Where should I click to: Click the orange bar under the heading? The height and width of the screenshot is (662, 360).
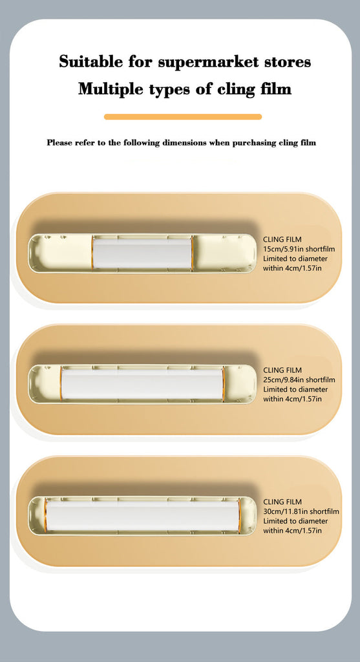pos(183,117)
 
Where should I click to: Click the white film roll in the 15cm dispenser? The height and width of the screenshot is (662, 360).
pos(142,253)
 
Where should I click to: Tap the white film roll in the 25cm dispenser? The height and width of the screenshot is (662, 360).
pos(142,385)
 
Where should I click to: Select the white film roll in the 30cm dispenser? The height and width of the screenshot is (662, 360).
pos(142,516)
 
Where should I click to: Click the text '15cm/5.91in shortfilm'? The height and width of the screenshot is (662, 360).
pos(299,249)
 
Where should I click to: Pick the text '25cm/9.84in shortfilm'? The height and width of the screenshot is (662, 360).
pos(299,380)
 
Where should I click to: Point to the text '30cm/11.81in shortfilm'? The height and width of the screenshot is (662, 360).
pos(301,512)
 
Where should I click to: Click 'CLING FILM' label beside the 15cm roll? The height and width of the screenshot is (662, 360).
pos(282,239)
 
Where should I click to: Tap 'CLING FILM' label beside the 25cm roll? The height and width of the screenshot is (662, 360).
pos(282,370)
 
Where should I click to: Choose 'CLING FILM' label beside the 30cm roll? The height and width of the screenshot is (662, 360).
pos(282,502)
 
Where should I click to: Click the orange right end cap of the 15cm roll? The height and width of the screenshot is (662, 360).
pos(193,253)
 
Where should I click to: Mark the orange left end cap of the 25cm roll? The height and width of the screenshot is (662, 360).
pos(61,385)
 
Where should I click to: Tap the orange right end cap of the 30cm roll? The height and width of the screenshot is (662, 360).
pos(239,516)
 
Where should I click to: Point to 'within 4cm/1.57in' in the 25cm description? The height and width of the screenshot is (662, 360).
pos(292,399)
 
